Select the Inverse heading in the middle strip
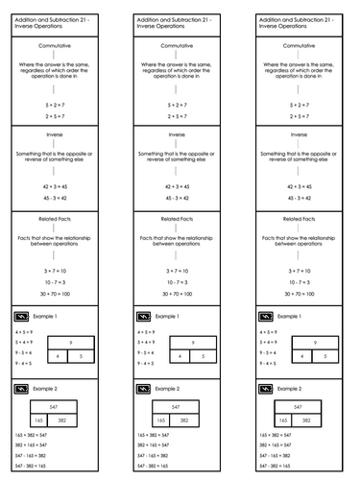coord(180,135)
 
